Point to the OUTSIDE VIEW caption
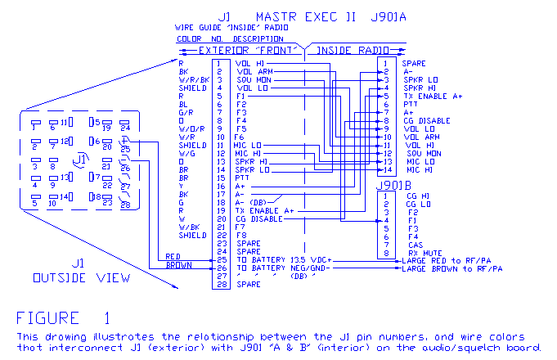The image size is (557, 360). coord(80,277)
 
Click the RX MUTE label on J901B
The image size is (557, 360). coord(424,254)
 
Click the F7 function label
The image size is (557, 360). coord(240,227)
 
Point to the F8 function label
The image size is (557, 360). coord(240,235)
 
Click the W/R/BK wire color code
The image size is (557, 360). coord(194,79)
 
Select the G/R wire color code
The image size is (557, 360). coord(186,112)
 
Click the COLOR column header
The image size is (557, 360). coord(189,38)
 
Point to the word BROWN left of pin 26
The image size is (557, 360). coord(179,266)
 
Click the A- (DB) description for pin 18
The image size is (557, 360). coord(254,202)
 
